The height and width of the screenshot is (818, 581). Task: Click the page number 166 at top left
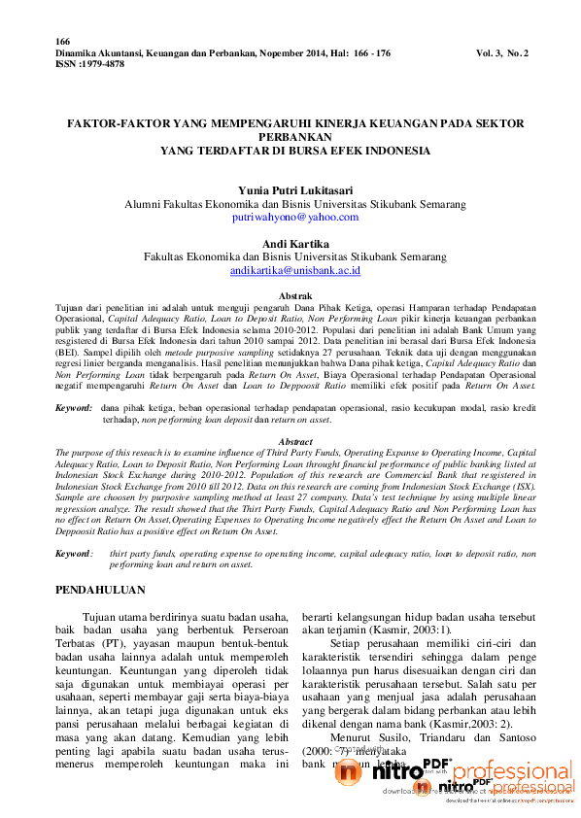point(63,42)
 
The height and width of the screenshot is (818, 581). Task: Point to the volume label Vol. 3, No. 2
point(502,52)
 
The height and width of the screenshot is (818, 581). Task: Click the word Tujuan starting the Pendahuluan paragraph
point(102,617)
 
